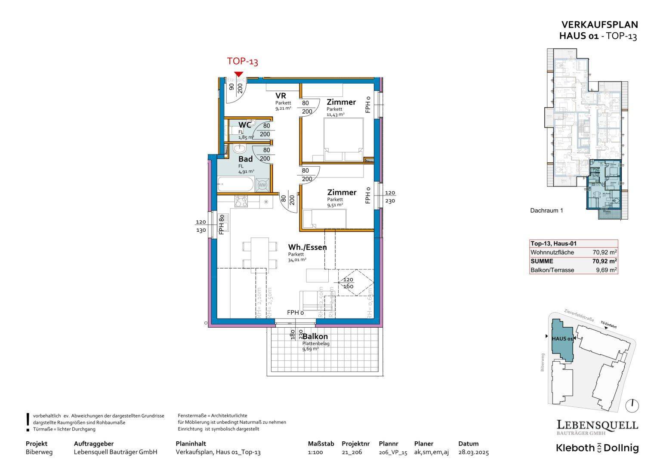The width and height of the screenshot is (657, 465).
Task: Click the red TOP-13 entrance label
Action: pos(242,62)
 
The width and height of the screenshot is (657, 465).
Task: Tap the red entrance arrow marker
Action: pos(238,74)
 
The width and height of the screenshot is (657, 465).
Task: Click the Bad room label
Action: pos(246,159)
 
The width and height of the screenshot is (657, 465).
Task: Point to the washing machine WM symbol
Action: pos(262,185)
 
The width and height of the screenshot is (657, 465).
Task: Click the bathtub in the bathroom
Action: pos(236,185)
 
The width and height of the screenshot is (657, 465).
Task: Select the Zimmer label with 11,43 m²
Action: pos(341,102)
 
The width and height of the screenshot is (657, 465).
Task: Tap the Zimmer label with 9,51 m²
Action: pos(342,192)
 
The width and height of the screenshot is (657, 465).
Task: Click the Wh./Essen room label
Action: pos(307,247)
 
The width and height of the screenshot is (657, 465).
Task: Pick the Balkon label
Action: pos(315,337)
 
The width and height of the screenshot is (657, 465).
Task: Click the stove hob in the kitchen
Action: pos(241,201)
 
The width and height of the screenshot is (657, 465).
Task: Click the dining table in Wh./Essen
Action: pos(260,253)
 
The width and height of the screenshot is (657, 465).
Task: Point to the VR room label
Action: pos(281,96)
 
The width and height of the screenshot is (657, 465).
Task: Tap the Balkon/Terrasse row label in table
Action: pos(552,270)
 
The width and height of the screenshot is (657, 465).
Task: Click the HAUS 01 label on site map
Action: pos(561,339)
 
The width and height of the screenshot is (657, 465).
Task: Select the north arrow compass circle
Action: pos(633,405)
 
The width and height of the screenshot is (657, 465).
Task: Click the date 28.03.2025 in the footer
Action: pos(473,453)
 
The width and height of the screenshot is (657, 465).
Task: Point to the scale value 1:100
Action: pos(315,453)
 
